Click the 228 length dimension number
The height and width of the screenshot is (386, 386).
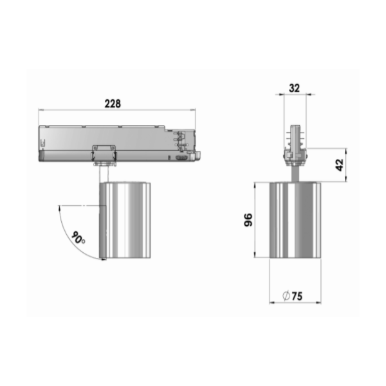point(113,104)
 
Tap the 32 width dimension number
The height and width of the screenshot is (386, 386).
point(295,88)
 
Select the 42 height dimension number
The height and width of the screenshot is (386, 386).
point(340,165)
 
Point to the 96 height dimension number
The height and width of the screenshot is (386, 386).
point(248,220)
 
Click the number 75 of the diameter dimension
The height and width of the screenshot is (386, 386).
point(297,296)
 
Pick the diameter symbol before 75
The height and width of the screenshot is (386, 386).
point(286,296)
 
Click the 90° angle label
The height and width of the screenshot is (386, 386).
point(78,238)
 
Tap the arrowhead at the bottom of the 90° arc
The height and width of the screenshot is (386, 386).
point(104,259)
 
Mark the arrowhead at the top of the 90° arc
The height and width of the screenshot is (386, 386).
point(59,208)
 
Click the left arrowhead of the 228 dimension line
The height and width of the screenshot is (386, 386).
point(41,110)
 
